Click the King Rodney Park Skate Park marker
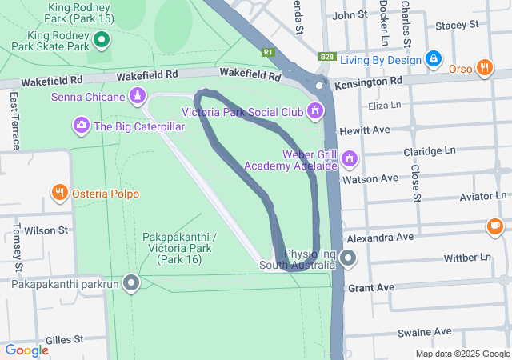102,38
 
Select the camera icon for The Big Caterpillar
82,125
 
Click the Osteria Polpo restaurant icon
60,193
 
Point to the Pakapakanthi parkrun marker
131,283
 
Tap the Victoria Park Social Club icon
316,110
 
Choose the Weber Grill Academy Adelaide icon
349,159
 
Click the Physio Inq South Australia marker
348,258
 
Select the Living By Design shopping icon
433,59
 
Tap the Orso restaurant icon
483,68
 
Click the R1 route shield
268,53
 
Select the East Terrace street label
14,120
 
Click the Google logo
26,350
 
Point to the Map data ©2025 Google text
461,354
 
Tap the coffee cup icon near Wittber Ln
495,227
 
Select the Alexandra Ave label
379,238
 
